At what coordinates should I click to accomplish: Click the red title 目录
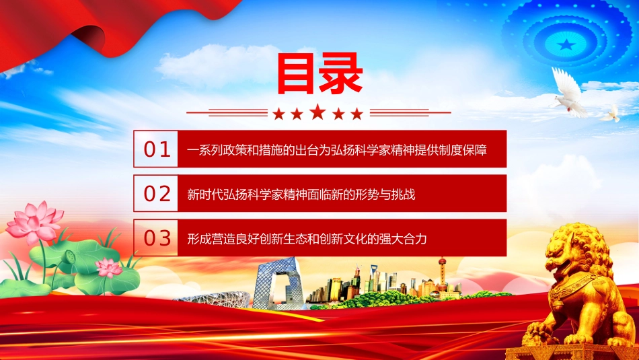click(x=319, y=74)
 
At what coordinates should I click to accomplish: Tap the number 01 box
click(x=155, y=149)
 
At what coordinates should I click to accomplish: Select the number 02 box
click(x=155, y=193)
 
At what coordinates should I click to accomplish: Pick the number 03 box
click(x=155, y=238)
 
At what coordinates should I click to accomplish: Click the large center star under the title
click(x=318, y=112)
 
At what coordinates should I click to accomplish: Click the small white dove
click(x=611, y=114)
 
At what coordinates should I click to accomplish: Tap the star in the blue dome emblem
click(x=566, y=44)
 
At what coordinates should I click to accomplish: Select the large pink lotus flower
click(x=34, y=223)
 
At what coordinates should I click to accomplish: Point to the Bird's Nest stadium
click(x=216, y=299)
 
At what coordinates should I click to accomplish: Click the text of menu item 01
click(x=336, y=149)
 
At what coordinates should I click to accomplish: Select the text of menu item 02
click(x=301, y=194)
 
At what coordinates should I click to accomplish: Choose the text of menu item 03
click(x=307, y=238)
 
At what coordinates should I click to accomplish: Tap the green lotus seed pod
click(x=70, y=256)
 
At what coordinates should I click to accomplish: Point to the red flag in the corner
click(x=102, y=28)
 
